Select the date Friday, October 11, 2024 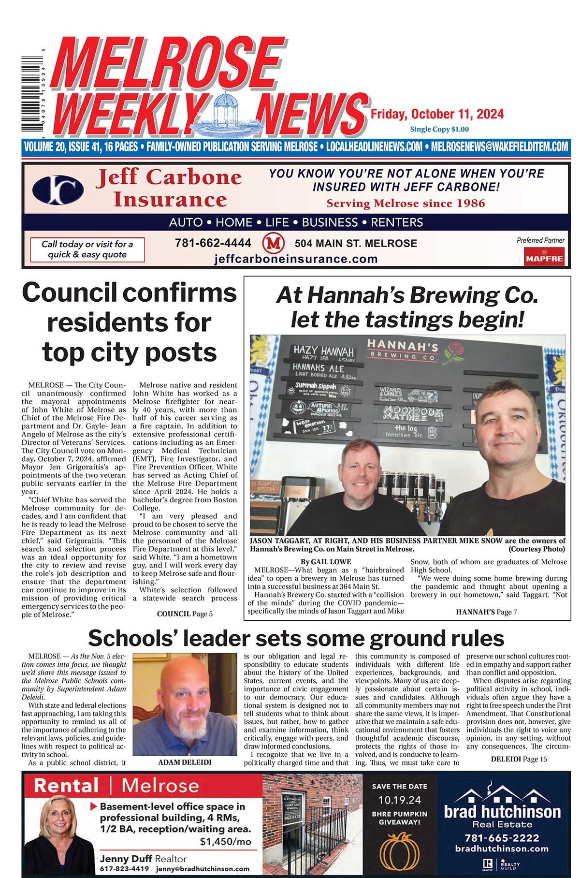(x=437, y=114)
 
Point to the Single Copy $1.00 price (x=439, y=129)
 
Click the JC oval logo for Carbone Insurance (x=58, y=189)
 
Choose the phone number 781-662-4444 (x=213, y=243)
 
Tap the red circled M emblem (x=273, y=243)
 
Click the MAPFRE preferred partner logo (x=545, y=257)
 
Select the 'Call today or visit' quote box (x=87, y=249)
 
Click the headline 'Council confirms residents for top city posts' (x=130, y=322)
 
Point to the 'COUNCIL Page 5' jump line (x=185, y=614)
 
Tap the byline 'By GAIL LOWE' (x=325, y=562)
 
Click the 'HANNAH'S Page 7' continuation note (x=486, y=612)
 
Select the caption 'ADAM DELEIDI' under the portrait (x=185, y=762)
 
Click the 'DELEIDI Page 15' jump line (x=519, y=759)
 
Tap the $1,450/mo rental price (x=225, y=841)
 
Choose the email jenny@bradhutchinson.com (x=203, y=868)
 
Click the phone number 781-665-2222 (x=502, y=838)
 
